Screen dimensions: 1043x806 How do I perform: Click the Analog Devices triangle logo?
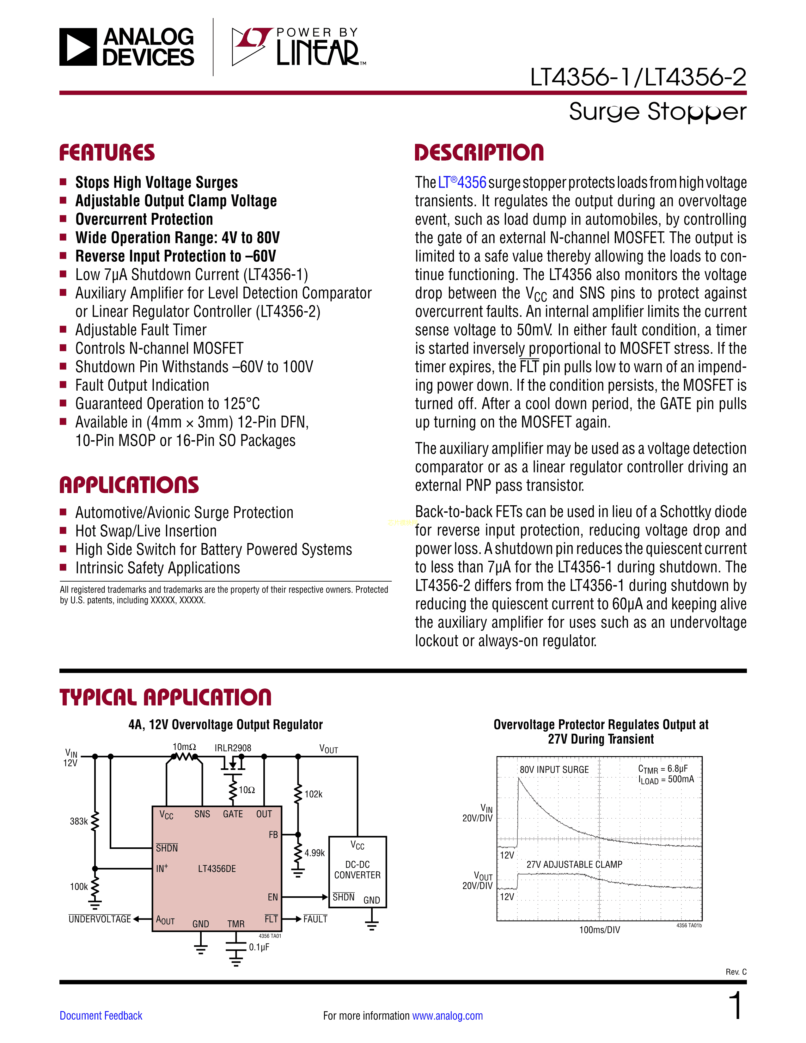pos(78,47)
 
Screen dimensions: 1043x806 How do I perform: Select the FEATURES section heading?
pos(107,153)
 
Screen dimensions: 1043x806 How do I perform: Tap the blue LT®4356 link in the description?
pos(462,182)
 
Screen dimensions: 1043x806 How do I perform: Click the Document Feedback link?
pos(101,1015)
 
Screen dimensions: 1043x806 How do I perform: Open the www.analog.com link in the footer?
pos(447,1015)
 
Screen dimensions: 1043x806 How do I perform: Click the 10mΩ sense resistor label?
pos(184,747)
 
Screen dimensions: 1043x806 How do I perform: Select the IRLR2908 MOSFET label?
pos(233,748)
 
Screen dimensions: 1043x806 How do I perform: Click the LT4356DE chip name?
pos(217,869)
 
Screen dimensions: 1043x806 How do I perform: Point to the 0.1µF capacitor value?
pos(259,947)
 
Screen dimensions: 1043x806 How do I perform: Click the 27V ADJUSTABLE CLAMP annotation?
pos(574,864)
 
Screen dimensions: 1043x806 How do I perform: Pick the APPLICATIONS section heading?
pos(129,485)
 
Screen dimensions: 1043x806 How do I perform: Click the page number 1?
pos(736,1005)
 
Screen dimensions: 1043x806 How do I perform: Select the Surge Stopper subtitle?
pos(657,112)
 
